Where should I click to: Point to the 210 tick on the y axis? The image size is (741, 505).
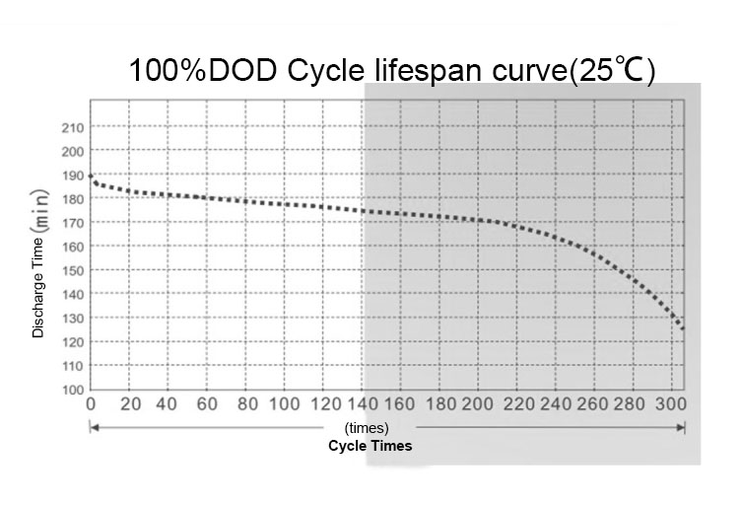click(72, 127)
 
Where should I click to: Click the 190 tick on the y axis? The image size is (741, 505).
click(72, 176)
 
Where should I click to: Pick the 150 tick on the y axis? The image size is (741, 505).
click(72, 270)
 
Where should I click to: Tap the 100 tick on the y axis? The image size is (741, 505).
click(72, 390)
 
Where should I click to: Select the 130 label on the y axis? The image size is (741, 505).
click(72, 318)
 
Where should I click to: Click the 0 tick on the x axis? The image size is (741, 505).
click(91, 404)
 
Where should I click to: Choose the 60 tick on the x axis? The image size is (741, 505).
click(207, 404)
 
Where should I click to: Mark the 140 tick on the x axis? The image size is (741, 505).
click(362, 404)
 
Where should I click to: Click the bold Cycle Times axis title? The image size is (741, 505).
click(370, 446)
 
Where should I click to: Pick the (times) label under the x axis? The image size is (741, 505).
click(368, 429)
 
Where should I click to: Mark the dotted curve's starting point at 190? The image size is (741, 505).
click(92, 177)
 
